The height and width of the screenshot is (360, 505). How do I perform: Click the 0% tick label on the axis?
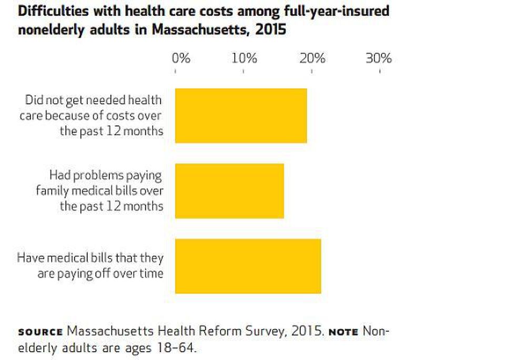click(181, 58)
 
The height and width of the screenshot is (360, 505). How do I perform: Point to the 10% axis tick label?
click(245, 58)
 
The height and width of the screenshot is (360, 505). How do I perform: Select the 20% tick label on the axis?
click(312, 58)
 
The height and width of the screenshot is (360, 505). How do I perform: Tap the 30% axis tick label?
click(379, 58)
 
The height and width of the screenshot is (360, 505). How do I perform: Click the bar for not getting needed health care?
click(240, 116)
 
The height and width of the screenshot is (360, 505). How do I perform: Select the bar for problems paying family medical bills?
click(229, 191)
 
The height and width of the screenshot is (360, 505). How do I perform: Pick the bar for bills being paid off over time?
click(248, 266)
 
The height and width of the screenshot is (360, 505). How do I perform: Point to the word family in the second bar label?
click(52, 191)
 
